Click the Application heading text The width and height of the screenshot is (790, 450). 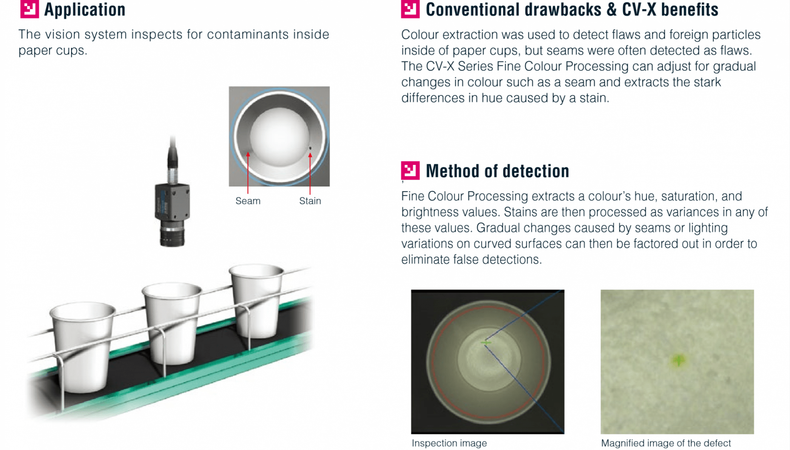click(84, 10)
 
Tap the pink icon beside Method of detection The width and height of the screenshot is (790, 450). click(410, 170)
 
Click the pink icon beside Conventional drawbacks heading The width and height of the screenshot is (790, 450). click(410, 9)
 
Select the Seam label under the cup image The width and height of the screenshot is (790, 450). click(248, 201)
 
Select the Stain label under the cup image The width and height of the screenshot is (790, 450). click(310, 201)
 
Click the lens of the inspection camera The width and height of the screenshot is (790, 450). click(172, 235)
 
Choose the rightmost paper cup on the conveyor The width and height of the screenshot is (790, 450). click(257, 301)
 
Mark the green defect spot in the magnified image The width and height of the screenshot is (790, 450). click(678, 360)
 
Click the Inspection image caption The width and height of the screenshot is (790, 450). click(449, 443)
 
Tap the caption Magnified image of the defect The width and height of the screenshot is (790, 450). click(666, 443)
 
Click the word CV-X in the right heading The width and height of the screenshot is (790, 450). click(639, 10)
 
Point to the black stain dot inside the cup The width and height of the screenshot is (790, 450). click(310, 148)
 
